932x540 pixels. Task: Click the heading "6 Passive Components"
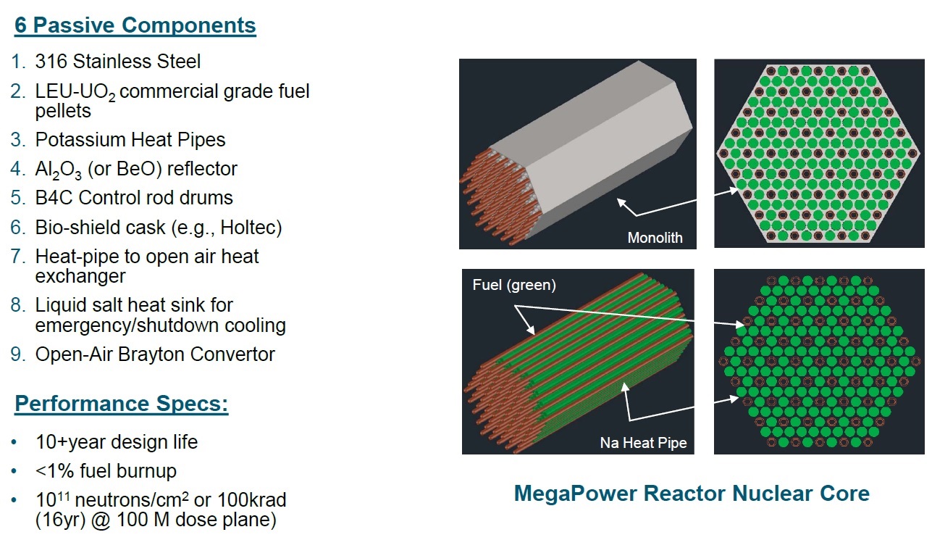135,25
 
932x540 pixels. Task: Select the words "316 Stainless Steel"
117,62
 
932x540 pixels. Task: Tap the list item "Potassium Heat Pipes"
130,139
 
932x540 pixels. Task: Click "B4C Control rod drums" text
134,197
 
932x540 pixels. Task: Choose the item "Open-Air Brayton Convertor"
155,354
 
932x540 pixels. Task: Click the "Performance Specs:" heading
122,404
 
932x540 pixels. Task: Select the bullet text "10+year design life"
116,441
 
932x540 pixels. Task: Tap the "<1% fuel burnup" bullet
106,470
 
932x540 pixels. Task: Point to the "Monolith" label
655,238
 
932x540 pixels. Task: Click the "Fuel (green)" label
514,285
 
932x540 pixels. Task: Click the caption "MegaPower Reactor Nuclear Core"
692,494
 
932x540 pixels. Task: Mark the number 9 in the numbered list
18,354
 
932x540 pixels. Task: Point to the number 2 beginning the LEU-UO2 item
18,92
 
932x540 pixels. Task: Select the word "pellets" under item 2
63,111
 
